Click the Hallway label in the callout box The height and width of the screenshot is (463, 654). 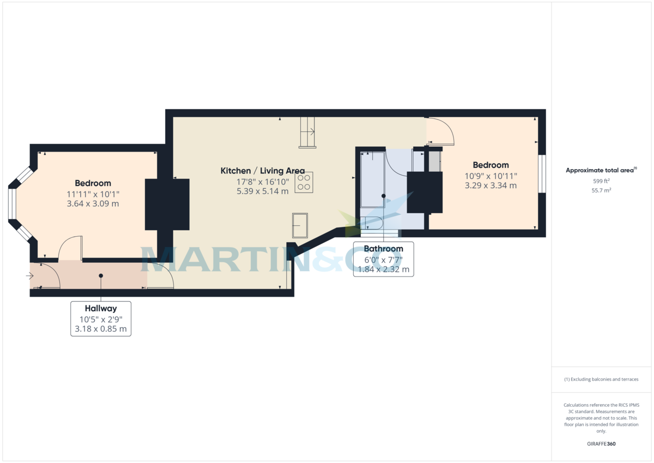pos(101,309)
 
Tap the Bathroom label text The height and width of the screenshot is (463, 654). pos(383,249)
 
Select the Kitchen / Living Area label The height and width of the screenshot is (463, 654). pos(263,171)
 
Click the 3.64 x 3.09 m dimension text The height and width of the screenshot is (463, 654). pos(93,203)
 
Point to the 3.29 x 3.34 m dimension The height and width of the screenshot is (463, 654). pos(491,185)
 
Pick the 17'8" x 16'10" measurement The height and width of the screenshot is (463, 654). pos(263,182)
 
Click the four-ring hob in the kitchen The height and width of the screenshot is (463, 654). pos(304,182)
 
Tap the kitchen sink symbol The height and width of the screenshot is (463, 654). pos(300,226)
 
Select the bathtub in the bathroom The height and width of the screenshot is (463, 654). pos(373,179)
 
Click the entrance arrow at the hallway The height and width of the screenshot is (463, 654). pos(30,276)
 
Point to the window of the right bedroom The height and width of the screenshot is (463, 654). pos(542,174)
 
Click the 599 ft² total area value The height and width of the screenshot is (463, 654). pos(601,181)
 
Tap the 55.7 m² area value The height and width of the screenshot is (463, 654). pos(601,190)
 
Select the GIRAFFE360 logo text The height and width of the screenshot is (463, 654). pos(601,444)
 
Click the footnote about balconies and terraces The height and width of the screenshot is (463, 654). pos(601,380)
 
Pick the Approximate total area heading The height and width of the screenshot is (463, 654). pos(601,170)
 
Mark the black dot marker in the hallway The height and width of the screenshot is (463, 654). pos(101,276)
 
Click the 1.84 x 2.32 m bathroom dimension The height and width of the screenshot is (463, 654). pos(383,269)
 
